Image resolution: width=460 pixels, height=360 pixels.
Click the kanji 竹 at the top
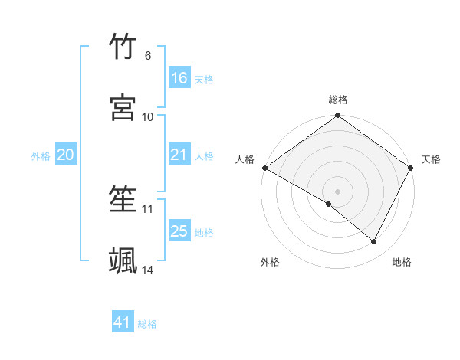coord(123,47)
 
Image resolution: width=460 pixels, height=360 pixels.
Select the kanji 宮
coord(123,108)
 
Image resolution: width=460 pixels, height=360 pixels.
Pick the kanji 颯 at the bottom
coord(123,260)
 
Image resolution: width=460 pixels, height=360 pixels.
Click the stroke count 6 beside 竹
coord(148,56)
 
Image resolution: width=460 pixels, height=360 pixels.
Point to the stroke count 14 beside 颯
coord(148,270)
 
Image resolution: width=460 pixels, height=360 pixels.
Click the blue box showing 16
coord(179,78)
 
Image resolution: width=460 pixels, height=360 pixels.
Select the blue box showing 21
coord(179,155)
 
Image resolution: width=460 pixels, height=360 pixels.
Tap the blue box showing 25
coord(179,231)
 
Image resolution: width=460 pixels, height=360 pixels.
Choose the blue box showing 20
coord(65,155)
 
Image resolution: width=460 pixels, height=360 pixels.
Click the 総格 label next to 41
coord(147,324)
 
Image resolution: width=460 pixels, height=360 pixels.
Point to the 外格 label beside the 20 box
coord(41,156)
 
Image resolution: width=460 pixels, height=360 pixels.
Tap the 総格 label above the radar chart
coord(338,100)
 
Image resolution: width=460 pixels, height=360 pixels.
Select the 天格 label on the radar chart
coord(431,159)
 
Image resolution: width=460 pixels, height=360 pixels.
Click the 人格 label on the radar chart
coord(245,159)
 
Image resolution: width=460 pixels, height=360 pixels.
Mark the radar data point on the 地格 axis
coord(374,242)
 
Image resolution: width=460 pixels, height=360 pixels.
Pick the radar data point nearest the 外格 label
coord(329,204)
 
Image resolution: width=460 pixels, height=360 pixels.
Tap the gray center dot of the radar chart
coord(338,191)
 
